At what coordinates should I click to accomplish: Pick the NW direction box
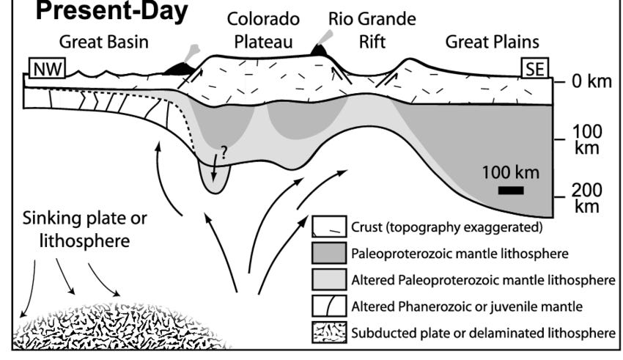tap(45, 69)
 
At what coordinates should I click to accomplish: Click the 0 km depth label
tap(590, 80)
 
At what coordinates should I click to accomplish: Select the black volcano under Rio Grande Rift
tap(320, 50)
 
